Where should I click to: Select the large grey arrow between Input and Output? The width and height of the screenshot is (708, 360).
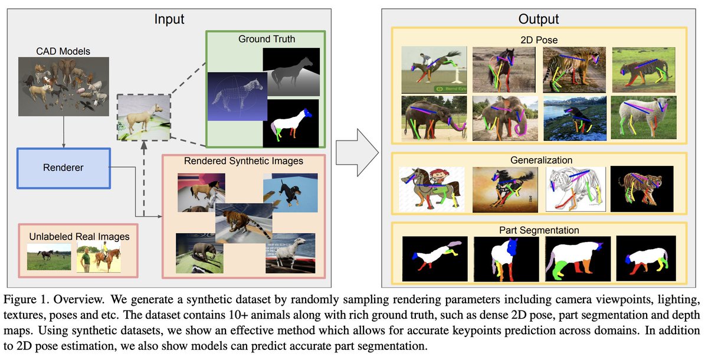coord(356,152)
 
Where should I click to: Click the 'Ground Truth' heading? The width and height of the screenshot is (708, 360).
coord(267,40)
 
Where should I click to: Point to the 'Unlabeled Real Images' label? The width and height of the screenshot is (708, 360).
coord(79,237)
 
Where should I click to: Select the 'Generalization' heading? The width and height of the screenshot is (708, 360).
coord(542,160)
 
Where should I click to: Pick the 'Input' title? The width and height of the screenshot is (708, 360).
coord(169,19)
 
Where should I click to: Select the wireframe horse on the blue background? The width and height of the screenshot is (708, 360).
coord(235,99)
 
